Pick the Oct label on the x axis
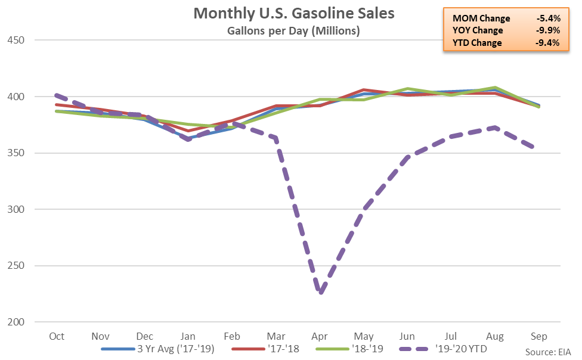[57, 336]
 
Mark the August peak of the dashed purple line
[494, 127]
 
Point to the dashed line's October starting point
[57, 95]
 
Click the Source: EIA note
[549, 352]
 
